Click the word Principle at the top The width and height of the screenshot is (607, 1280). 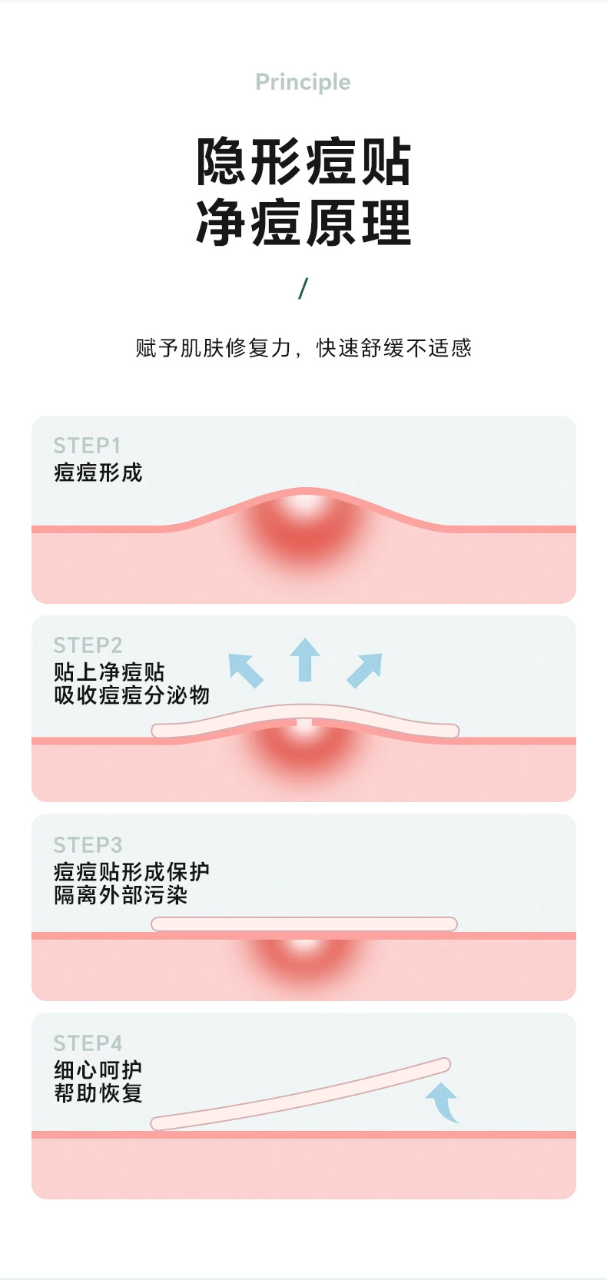coord(303,82)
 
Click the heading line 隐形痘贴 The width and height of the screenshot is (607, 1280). coord(303,162)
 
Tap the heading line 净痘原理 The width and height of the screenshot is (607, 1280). coord(303,224)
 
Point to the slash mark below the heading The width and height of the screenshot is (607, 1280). coord(303,288)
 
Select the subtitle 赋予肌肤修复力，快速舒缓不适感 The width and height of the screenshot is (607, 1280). coord(303,348)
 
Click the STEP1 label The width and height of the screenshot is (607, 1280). coord(87,446)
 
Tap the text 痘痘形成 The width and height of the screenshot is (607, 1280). coord(98,473)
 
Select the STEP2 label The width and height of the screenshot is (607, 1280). coord(88,645)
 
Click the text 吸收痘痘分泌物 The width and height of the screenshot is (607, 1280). coord(131,695)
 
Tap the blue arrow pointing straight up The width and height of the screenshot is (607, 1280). coord(305,659)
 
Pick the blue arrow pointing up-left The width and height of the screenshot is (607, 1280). coord(246,670)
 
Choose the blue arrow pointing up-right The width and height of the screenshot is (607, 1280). coord(364,670)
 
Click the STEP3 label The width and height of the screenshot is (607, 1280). coord(88,845)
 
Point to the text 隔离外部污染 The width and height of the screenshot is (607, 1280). coord(121,895)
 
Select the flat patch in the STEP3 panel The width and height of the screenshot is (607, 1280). coord(304,924)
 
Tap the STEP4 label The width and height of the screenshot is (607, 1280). coord(88,1043)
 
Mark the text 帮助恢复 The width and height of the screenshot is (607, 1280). coord(98,1093)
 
